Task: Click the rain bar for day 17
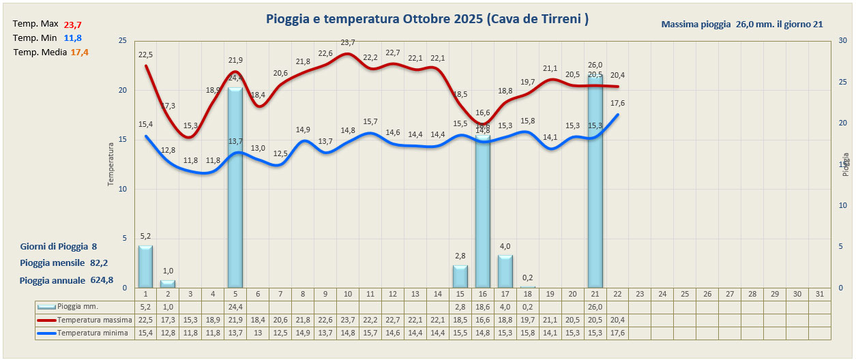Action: tap(505, 271)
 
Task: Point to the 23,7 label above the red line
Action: tap(348, 43)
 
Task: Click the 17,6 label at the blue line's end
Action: tap(617, 103)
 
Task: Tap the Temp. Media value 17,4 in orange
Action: tap(80, 52)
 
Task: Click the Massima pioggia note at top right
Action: tap(741, 24)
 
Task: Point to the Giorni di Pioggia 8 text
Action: tap(59, 246)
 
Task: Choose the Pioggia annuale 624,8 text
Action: tap(66, 280)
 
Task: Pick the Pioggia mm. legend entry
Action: tap(76, 307)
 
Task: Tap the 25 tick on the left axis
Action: tap(122, 41)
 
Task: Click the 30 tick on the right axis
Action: tap(843, 41)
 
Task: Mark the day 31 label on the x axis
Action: tap(820, 294)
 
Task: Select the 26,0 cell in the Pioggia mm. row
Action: tap(595, 307)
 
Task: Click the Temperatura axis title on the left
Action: tap(110, 164)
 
